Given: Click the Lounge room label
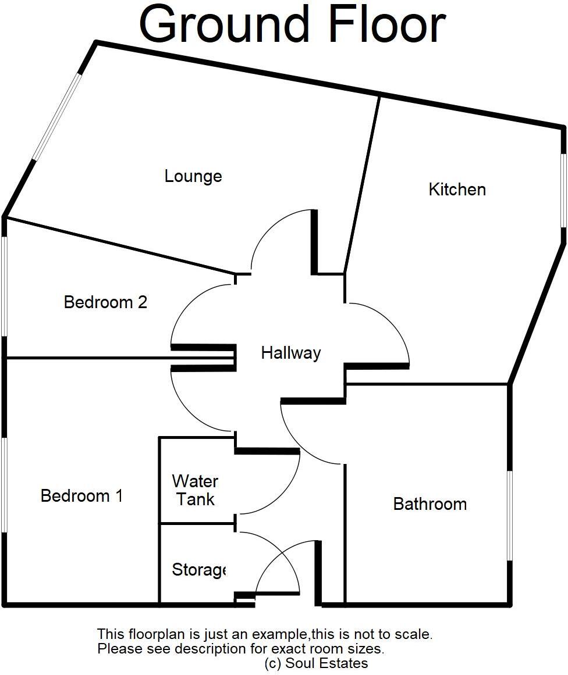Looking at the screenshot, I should click(x=193, y=176).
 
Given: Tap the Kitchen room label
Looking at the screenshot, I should click(x=457, y=190).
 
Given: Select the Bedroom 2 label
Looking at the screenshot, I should click(x=105, y=302).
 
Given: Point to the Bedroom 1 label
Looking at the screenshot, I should click(x=81, y=496).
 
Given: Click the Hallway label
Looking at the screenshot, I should click(x=290, y=353).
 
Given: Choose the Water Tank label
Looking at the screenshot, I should click(x=196, y=490).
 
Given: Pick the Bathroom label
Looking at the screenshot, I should click(x=429, y=503).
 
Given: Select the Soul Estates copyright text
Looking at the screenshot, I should click(x=316, y=663).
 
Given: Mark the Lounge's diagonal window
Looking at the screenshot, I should click(x=56, y=116).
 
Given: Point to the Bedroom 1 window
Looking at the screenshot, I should click(x=4, y=485).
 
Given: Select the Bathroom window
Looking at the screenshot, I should click(x=509, y=516).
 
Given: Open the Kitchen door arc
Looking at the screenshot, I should click(x=393, y=326).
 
